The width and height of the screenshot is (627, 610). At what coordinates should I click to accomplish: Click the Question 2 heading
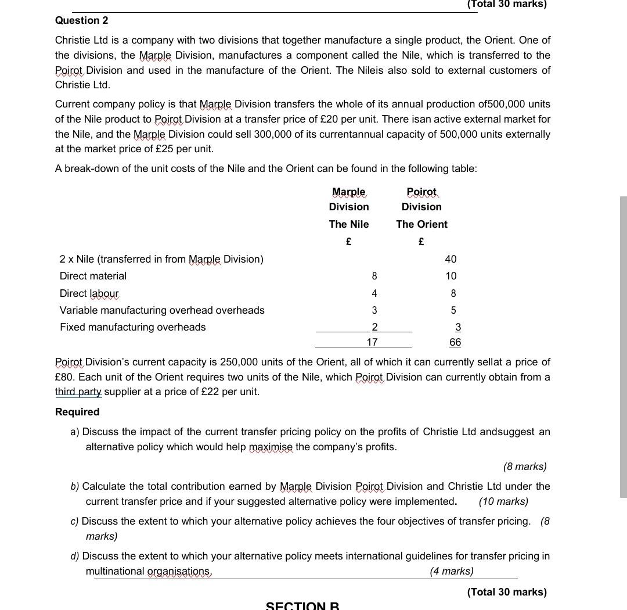81,20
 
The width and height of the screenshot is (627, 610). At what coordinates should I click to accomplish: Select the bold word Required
77,412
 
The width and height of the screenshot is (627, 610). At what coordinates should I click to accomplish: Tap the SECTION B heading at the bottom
302,605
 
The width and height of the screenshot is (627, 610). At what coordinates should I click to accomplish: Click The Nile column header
348,224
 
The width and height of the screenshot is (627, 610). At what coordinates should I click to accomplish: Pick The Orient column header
421,224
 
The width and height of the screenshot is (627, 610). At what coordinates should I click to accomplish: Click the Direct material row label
93,276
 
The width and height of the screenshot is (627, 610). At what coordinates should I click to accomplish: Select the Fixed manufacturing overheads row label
132,327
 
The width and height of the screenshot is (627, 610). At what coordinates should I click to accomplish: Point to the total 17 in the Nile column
372,342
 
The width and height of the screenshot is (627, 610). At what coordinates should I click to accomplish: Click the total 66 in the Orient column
455,342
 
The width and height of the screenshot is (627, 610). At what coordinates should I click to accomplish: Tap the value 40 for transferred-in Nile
451,259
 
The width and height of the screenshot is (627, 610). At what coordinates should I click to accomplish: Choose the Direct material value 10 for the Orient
451,276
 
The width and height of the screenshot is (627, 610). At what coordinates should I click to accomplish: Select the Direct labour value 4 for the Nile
374,293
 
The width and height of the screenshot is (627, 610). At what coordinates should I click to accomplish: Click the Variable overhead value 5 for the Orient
453,310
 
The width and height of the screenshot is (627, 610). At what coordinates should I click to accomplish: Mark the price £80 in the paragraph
65,376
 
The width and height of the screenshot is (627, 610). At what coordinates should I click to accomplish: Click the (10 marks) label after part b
503,501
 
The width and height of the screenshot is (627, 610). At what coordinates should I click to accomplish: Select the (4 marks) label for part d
451,571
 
